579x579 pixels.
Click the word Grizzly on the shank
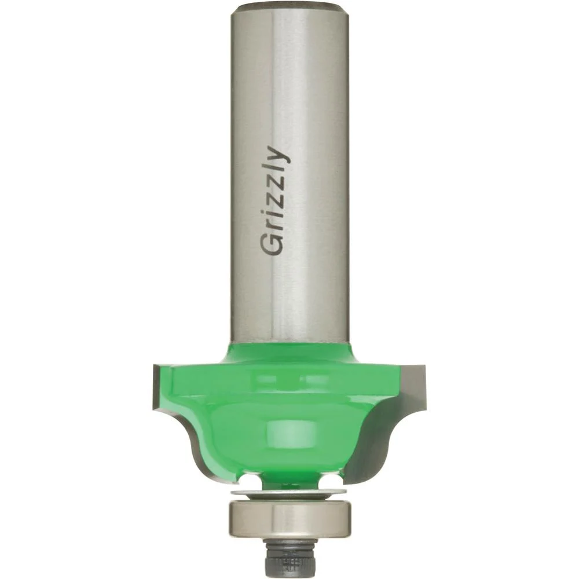(274, 201)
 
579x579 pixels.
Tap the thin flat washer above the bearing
(288, 493)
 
